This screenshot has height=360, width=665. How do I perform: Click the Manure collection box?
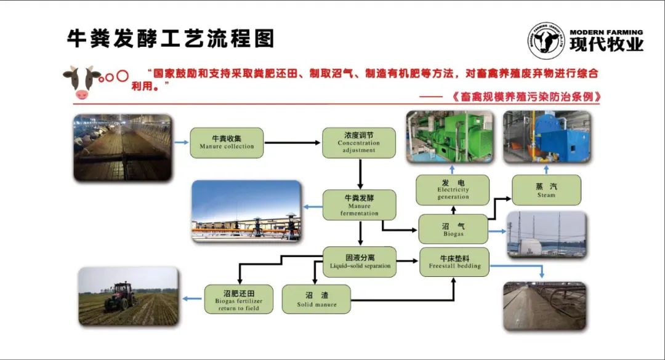(x=227, y=143)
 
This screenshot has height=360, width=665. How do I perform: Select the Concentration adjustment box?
(x=359, y=143)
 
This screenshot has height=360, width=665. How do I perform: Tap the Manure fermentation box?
(x=359, y=205)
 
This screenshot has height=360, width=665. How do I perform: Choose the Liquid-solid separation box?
(x=360, y=262)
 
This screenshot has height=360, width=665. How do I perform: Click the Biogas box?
(x=453, y=229)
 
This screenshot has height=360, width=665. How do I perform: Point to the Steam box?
(x=546, y=190)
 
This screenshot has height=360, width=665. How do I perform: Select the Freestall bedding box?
(x=454, y=262)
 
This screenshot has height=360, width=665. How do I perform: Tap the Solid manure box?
(x=316, y=299)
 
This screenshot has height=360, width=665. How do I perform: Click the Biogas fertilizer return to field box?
(x=238, y=299)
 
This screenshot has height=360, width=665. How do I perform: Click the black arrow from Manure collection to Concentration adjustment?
(x=292, y=143)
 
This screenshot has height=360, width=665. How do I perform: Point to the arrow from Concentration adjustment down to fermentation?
(x=360, y=174)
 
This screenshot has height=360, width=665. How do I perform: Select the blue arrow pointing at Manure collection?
(x=182, y=143)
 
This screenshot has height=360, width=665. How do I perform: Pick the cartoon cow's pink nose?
(x=82, y=94)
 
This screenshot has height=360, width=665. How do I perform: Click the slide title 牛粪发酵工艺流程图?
(x=171, y=39)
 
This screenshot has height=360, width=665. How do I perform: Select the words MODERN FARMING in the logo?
(x=606, y=32)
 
